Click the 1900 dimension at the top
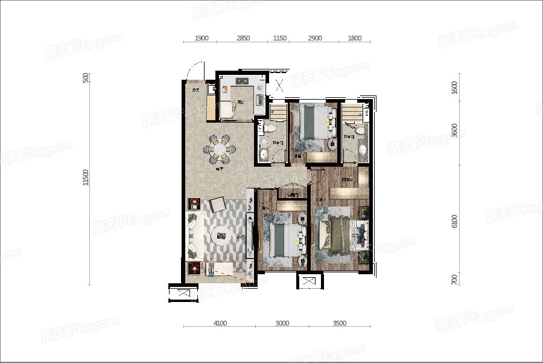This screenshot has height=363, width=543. click(202, 38)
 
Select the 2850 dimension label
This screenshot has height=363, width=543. click(243, 38)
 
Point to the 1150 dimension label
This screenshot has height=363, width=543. click(279, 38)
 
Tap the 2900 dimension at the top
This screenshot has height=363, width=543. click(315, 38)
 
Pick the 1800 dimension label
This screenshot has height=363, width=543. click(355, 38)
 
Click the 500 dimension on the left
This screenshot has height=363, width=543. click(86, 77)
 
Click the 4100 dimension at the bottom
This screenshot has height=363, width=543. click(220, 323)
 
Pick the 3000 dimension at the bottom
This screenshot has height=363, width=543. click(282, 323)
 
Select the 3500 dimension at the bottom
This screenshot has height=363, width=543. click(339, 323)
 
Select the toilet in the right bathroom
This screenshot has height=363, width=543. click(360, 129)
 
